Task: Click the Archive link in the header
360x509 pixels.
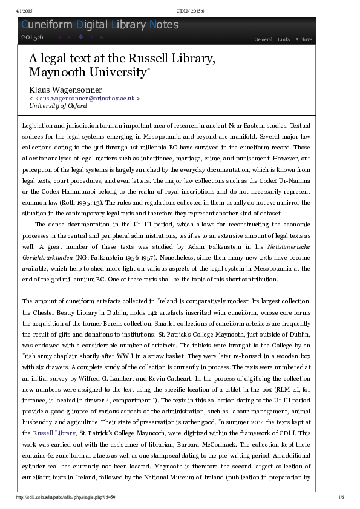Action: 303,39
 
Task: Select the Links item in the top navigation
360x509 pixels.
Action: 283,39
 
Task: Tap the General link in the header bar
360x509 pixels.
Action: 263,39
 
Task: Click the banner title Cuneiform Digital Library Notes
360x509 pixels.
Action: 100,25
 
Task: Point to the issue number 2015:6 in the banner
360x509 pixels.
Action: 32,38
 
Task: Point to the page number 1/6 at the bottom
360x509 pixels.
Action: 341,498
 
